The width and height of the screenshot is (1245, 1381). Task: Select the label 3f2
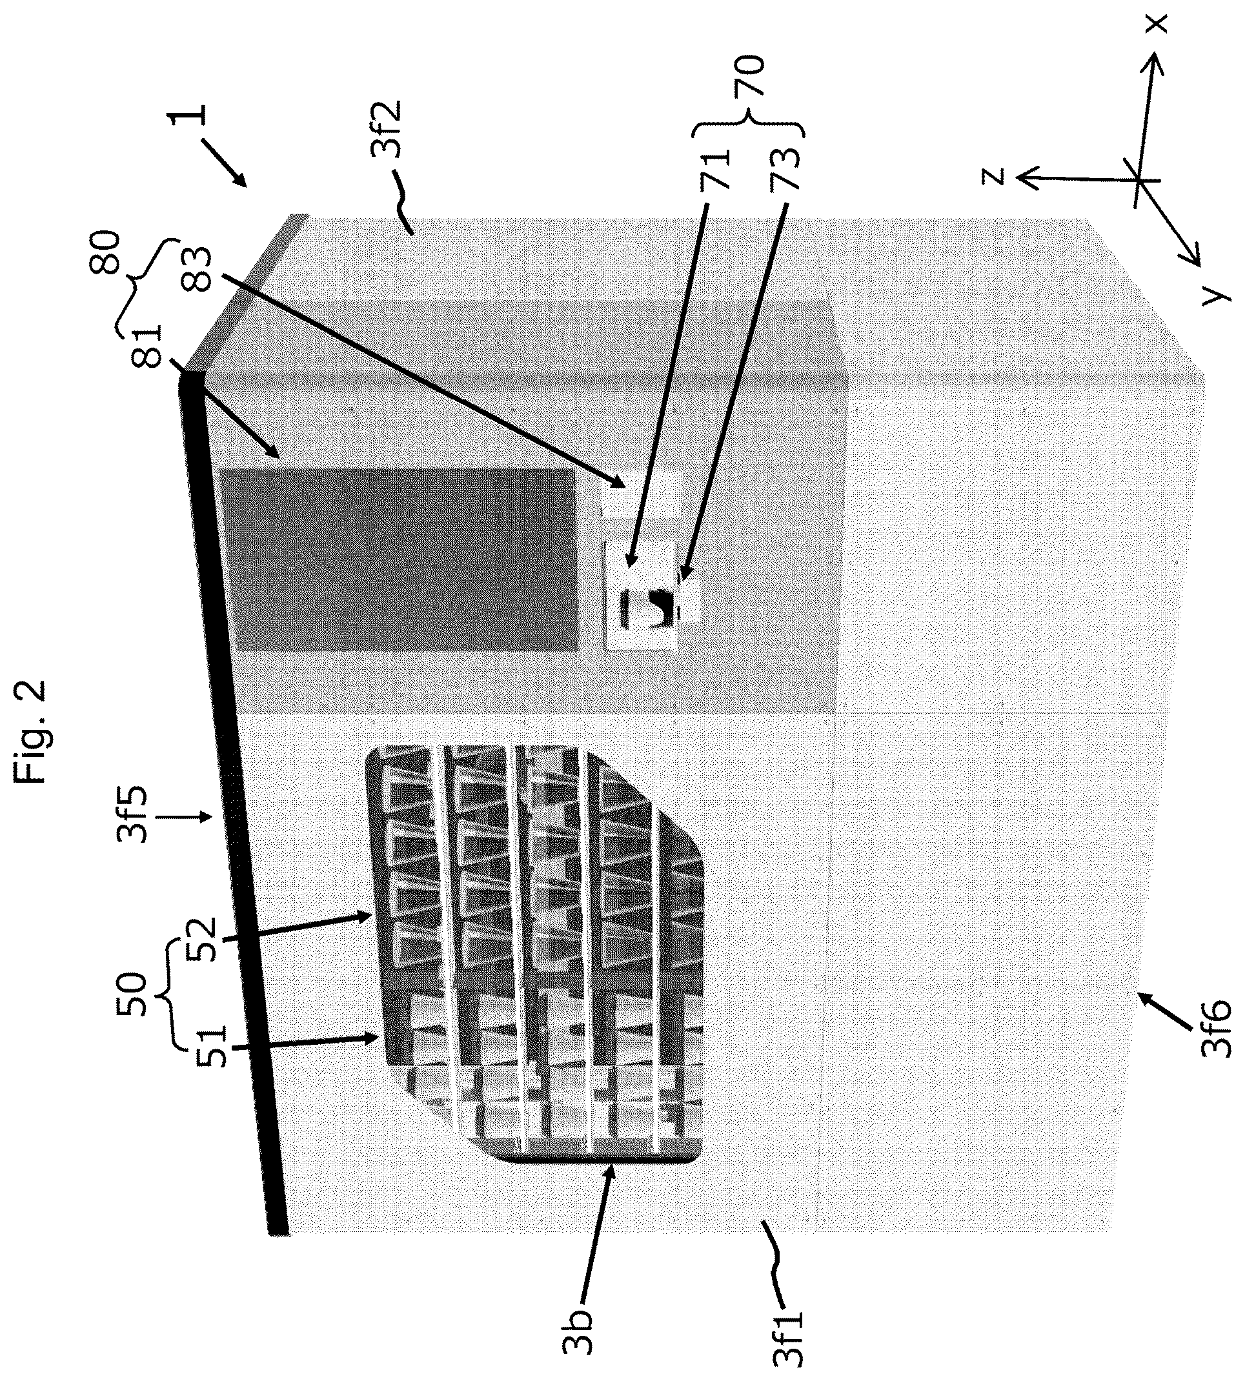coord(388,130)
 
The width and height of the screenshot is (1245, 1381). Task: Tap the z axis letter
coord(991,176)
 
